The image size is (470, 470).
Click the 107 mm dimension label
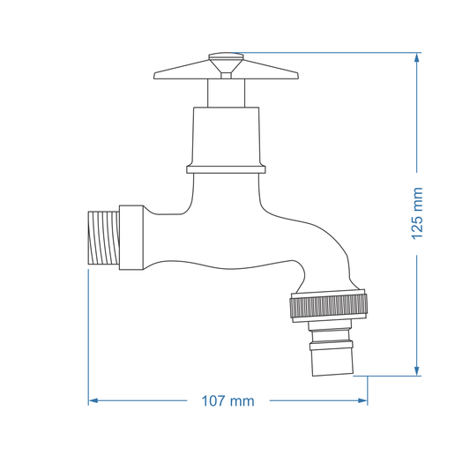click(x=228, y=401)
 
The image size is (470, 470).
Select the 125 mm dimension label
click(x=417, y=213)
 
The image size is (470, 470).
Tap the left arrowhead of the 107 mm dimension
click(x=93, y=400)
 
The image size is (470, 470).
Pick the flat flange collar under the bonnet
click(x=225, y=168)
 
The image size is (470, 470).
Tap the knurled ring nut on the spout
click(x=326, y=306)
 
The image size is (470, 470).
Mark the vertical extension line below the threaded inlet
click(x=88, y=335)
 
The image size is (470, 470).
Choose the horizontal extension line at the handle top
click(x=326, y=53)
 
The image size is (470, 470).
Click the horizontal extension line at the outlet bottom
click(x=392, y=376)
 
